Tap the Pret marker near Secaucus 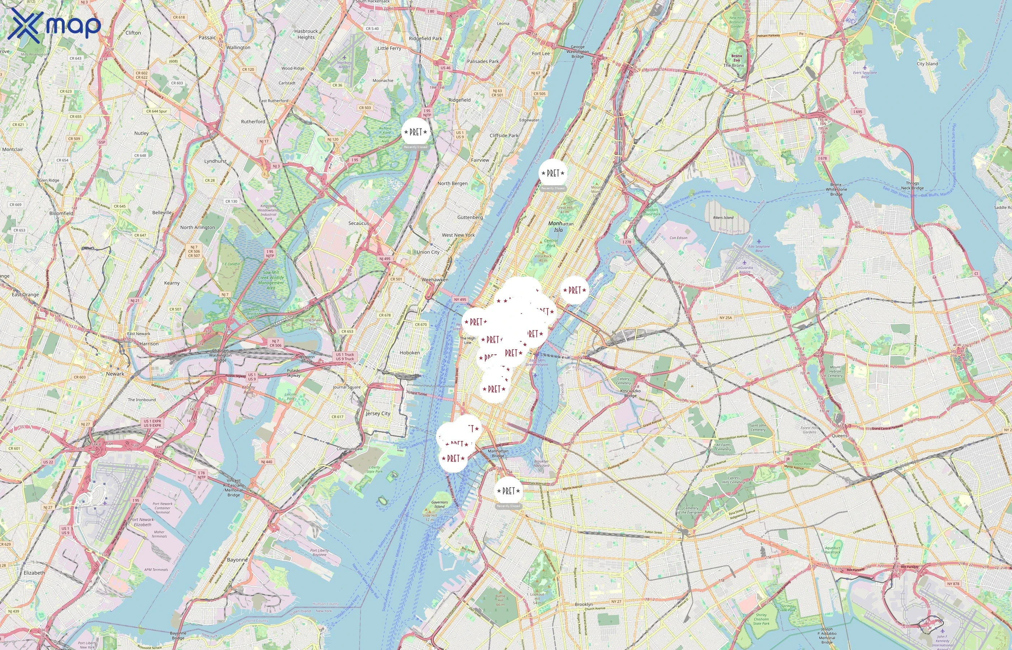coord(416,132)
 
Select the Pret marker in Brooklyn coord(509,491)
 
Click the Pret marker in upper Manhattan coord(553,173)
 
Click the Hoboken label coord(410,353)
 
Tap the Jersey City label coord(378,413)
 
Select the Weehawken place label coord(435,280)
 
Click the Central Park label coord(551,243)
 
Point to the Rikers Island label coord(723,218)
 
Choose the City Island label coord(927,64)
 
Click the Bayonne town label coord(237,560)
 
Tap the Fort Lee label coord(541,53)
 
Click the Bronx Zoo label coord(737,58)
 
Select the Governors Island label coord(440,504)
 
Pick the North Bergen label coord(453,183)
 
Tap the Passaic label coord(207,38)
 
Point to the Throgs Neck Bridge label coord(912,186)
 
